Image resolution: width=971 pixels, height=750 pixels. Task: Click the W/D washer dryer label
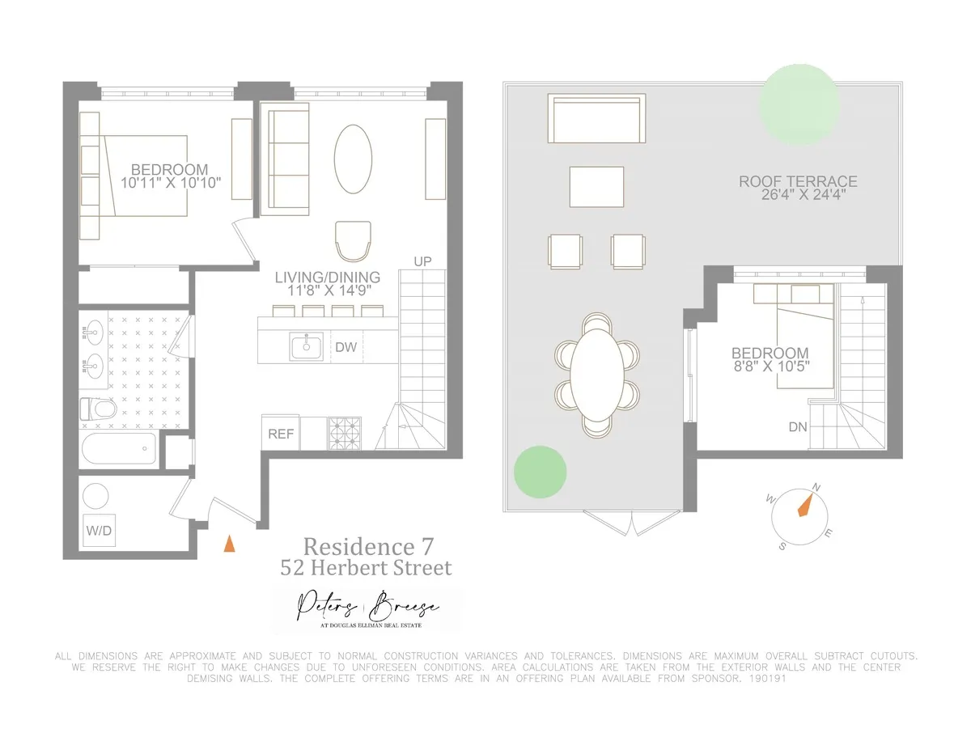point(100,531)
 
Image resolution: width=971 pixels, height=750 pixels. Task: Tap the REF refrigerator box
point(281,434)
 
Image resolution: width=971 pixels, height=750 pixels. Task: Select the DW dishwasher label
point(346,348)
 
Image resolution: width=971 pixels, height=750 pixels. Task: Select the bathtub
point(119,448)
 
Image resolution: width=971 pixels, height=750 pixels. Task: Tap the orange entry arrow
point(230,543)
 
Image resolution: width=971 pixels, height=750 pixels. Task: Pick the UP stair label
point(422,262)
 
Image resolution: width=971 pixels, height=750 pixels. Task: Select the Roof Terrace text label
point(798,182)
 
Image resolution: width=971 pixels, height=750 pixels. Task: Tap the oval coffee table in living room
point(354,159)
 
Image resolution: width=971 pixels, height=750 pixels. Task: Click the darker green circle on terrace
point(541,472)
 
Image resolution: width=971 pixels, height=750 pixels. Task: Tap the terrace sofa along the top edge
point(596,118)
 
